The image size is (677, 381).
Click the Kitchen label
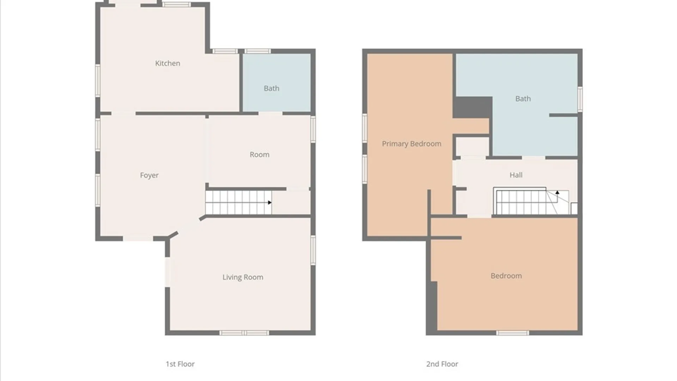[167, 63]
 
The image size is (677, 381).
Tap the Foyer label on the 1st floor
[149, 175]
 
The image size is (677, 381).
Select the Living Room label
[243, 277]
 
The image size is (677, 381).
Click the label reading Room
[260, 155]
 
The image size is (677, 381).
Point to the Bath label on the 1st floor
[272, 88]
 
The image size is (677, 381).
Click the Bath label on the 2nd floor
[523, 99]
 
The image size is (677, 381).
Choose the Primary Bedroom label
[411, 144]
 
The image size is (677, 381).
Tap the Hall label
[516, 175]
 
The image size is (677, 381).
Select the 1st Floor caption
[180, 364]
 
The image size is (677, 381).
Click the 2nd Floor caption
[442, 364]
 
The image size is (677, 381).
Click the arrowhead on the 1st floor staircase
[269, 202]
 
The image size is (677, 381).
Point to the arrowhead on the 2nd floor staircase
[557, 193]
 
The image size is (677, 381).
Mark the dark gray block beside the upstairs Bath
[472, 107]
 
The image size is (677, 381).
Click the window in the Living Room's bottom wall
[244, 333]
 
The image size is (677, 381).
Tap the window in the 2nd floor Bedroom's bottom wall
[512, 333]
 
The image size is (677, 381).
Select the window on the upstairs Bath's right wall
[580, 99]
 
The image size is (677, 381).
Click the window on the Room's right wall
[313, 129]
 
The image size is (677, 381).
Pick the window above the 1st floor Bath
[258, 51]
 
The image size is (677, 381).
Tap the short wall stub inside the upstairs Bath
[563, 115]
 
